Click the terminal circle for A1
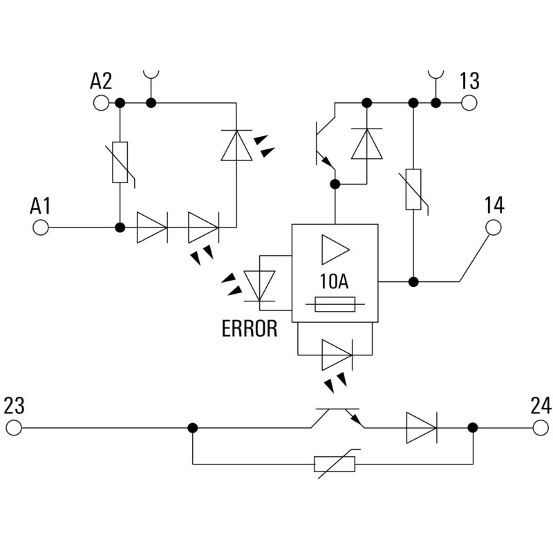(x=41, y=227)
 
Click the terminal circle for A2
(x=100, y=103)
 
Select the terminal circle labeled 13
(x=469, y=103)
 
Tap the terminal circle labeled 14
(x=494, y=227)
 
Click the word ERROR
(x=249, y=328)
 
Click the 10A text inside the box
(x=335, y=281)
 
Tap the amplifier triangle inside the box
(x=335, y=250)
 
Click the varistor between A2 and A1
(x=120, y=163)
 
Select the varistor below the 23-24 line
(x=335, y=464)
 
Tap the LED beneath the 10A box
(x=337, y=355)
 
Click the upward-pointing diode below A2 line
(x=236, y=145)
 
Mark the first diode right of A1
(x=151, y=227)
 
